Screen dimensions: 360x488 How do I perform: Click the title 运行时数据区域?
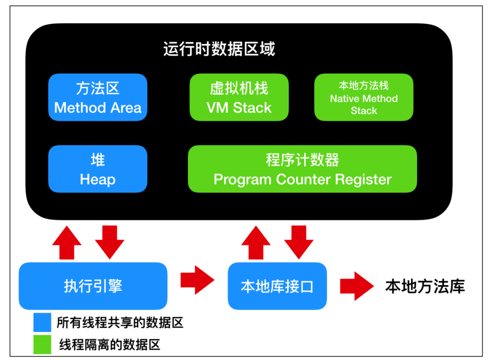(219, 49)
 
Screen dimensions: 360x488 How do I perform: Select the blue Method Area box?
(98, 98)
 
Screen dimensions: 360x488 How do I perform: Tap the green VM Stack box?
(239, 98)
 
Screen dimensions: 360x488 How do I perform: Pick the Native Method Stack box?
(364, 98)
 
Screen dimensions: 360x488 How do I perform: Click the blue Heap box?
(98, 169)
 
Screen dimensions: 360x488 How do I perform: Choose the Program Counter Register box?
(302, 169)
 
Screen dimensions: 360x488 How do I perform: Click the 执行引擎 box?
(93, 286)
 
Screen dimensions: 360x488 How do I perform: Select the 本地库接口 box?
(277, 286)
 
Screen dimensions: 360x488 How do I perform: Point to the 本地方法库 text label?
(425, 286)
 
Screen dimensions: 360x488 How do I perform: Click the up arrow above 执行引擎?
(67, 243)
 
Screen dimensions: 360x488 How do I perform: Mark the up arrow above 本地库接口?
(256, 243)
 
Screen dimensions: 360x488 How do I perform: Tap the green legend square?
(42, 345)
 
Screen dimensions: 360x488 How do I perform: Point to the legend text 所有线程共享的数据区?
(120, 323)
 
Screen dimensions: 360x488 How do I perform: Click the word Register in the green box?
(363, 179)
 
